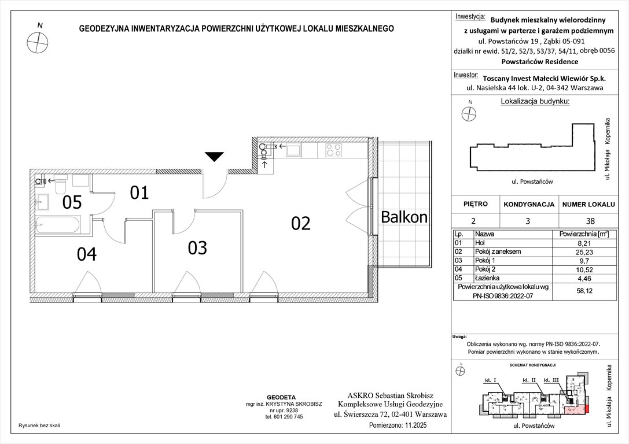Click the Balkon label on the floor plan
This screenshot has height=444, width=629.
click(x=404, y=217)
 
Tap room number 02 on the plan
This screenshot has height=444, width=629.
click(x=301, y=223)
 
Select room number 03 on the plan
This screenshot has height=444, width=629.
click(x=197, y=247)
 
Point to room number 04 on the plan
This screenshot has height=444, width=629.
click(x=87, y=254)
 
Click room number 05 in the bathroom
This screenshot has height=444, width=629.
click(x=73, y=202)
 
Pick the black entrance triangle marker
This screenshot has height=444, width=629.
click(x=215, y=156)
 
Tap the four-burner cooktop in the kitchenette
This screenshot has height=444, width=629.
click(x=333, y=150)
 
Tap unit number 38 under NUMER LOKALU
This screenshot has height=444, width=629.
click(x=590, y=220)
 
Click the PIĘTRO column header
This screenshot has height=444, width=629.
click(x=476, y=204)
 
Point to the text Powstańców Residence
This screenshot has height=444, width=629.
click(x=539, y=61)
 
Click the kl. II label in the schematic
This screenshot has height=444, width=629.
click(x=529, y=380)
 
